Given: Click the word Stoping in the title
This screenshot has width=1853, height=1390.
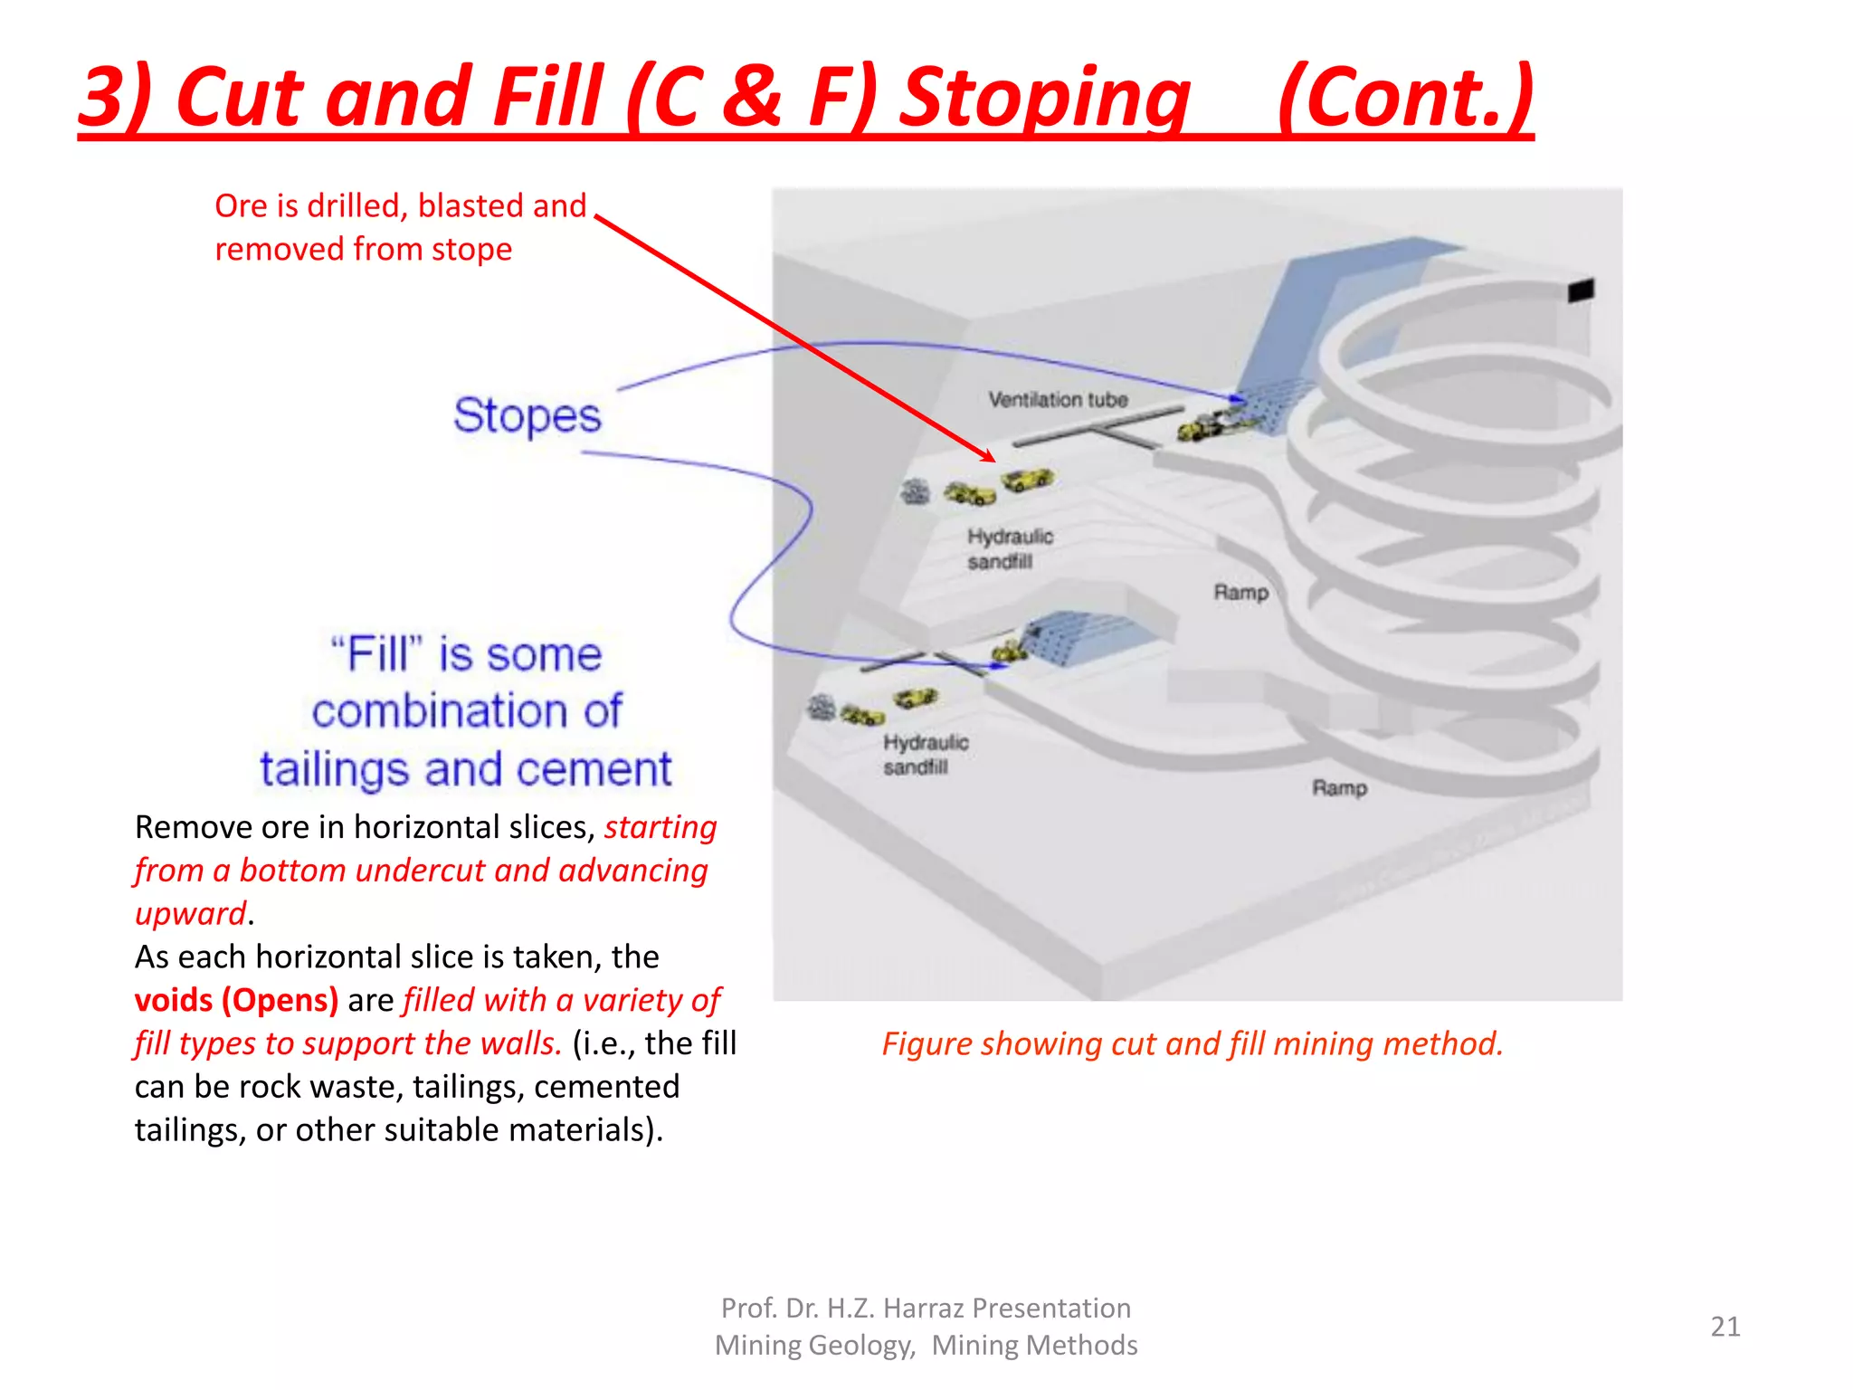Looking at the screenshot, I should coord(1045,97).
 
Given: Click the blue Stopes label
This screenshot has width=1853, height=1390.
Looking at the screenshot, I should coord(527,416).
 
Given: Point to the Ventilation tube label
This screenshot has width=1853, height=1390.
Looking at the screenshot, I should coord(1058,400).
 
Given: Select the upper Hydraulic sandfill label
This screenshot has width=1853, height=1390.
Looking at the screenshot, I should coord(1009,548).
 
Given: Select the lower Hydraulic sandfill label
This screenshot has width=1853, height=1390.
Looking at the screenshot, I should coord(925,755).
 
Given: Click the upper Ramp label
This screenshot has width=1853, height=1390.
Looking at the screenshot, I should coord(1240,593).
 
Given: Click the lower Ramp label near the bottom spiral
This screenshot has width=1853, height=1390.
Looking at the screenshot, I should coord(1339,788).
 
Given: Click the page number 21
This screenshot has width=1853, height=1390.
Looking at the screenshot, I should coord(1725,1327).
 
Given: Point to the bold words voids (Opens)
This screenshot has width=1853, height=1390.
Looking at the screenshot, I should coord(236,1000).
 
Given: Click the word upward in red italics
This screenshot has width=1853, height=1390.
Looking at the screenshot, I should coord(190,913).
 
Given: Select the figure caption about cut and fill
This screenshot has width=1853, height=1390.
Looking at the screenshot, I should coord(1192,1043).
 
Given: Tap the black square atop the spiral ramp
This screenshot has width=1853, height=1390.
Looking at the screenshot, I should coord(1580,290).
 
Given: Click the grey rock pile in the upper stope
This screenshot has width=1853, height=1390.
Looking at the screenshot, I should coord(916,492).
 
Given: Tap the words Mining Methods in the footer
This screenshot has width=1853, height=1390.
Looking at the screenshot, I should coord(1034,1346).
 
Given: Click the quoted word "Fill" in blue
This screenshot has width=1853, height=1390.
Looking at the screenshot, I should coord(377,654).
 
